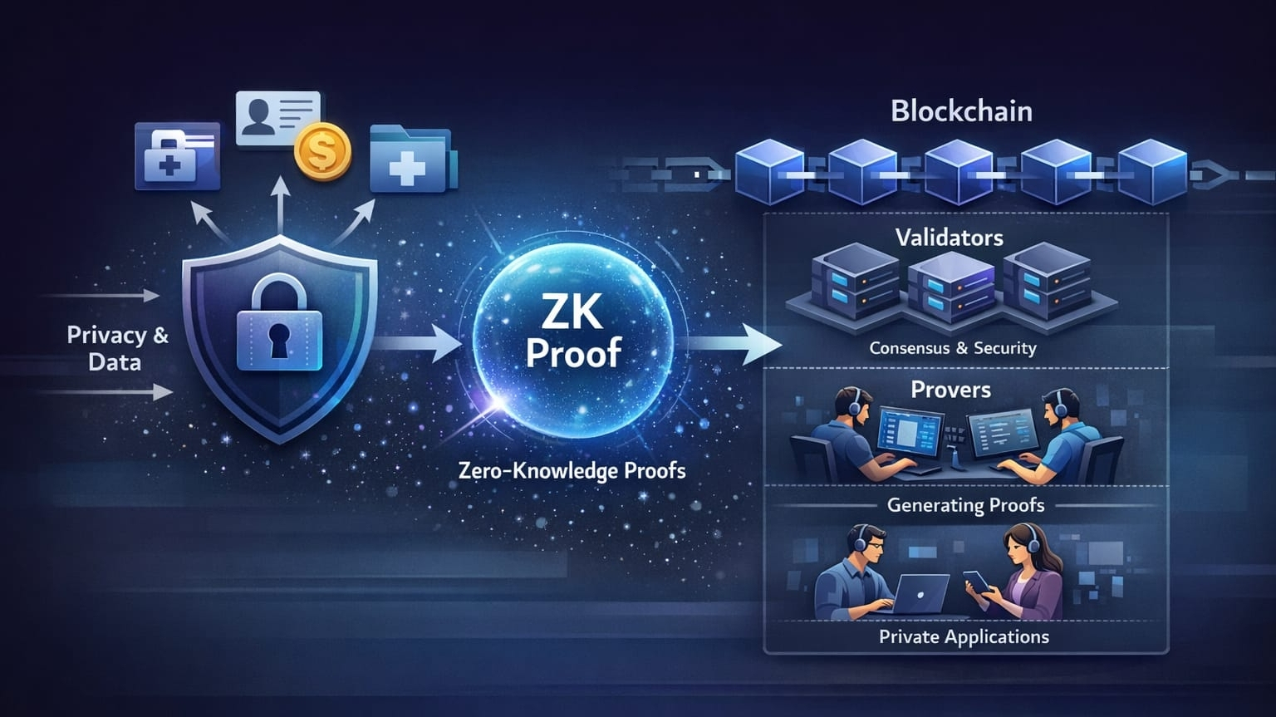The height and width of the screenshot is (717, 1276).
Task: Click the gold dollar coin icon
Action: point(322,152)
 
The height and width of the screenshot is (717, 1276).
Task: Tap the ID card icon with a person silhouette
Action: point(277,117)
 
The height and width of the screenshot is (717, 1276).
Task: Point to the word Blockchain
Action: point(961,111)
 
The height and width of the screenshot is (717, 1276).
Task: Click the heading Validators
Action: point(950,238)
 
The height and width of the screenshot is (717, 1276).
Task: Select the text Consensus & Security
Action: point(953,348)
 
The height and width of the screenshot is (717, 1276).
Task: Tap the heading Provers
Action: point(950,390)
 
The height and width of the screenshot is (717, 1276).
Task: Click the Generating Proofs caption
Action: point(965,505)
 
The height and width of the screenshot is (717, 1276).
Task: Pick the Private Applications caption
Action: point(964,637)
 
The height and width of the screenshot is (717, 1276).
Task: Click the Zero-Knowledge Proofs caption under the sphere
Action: point(572,471)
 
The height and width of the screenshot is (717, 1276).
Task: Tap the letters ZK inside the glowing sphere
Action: point(572,312)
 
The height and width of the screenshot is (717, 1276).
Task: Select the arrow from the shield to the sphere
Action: point(420,342)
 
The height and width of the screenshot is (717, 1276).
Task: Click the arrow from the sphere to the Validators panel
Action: point(735,343)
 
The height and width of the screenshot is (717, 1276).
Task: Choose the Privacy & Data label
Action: point(116,348)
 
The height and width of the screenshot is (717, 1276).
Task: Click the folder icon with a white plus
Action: point(410,160)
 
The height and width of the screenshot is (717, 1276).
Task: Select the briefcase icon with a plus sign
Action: point(176,155)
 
